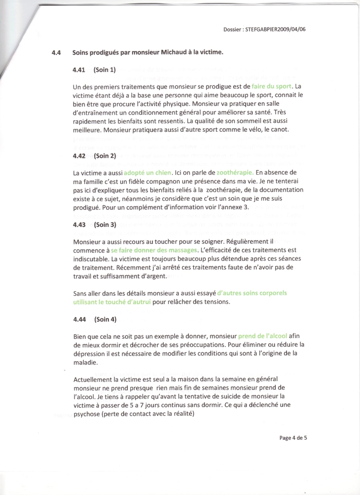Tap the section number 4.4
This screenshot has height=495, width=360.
click(57, 53)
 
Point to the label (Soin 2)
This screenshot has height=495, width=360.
click(105, 156)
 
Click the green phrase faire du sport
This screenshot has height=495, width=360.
click(270, 86)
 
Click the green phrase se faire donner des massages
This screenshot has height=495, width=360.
click(154, 250)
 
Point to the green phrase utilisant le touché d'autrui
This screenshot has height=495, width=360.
click(112, 301)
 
